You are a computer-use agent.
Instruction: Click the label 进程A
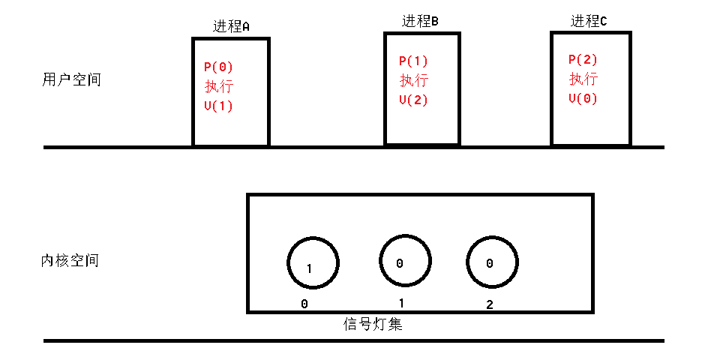[x=231, y=26]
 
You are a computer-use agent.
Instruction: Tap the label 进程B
[x=420, y=21]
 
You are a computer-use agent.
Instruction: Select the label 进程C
[x=589, y=21]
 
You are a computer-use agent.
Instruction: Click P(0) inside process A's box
[x=218, y=67]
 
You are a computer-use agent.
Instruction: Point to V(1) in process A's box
[x=218, y=106]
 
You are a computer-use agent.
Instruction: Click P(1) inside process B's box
[x=413, y=61]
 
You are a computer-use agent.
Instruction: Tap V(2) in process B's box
[x=413, y=100]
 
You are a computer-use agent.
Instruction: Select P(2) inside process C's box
[x=583, y=59]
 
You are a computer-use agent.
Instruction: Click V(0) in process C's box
[x=583, y=98]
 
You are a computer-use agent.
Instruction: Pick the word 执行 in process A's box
[x=218, y=86]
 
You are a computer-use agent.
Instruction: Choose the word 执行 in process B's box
[x=413, y=80]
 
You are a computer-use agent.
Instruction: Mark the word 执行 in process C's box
[x=583, y=79]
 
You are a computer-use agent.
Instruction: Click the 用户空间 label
[x=72, y=79]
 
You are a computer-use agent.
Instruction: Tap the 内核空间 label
[x=70, y=261]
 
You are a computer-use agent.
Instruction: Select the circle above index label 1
[x=404, y=261]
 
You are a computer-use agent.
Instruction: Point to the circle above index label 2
[x=492, y=262]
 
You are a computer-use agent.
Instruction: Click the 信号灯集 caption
[x=373, y=325]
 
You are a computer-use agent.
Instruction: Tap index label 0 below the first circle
[x=304, y=304]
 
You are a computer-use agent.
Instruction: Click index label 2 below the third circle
[x=489, y=304]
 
